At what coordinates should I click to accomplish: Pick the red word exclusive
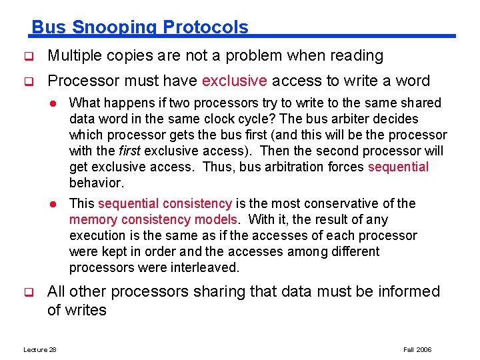click(234, 81)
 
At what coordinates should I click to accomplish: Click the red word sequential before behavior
click(398, 167)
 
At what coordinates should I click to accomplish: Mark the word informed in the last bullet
click(407, 292)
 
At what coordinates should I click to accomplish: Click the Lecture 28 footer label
click(40, 350)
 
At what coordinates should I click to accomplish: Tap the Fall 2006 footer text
click(417, 350)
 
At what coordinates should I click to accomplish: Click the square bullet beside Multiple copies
click(29, 57)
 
